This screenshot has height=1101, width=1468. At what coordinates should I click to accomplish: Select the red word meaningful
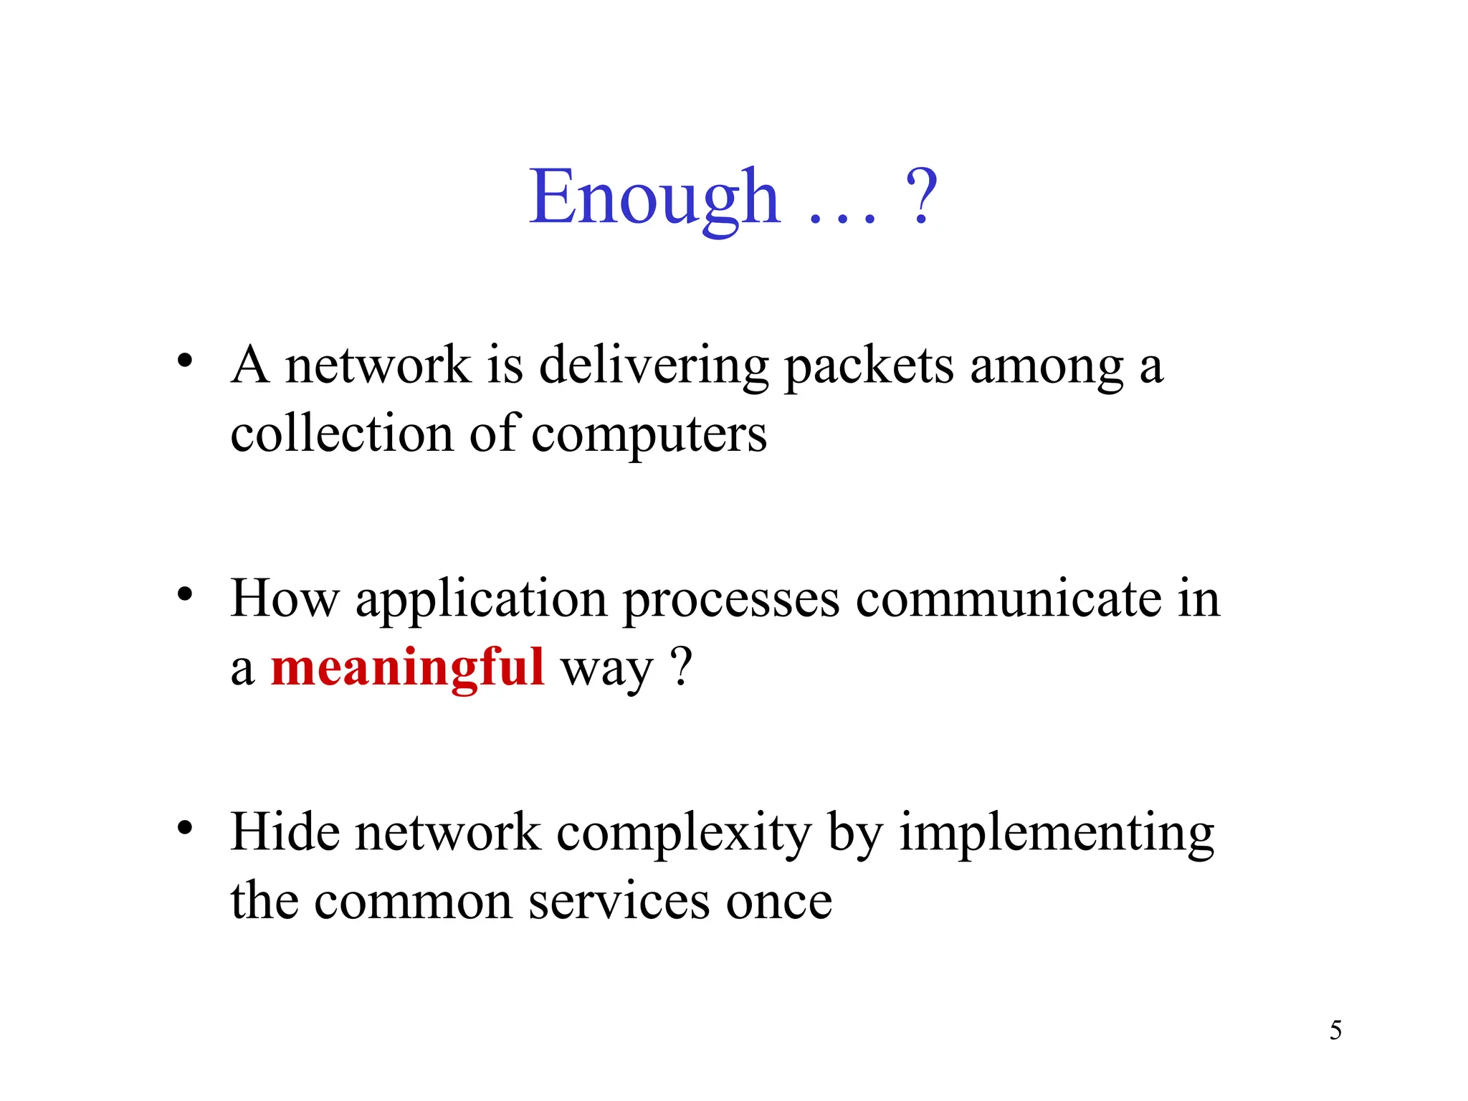(x=408, y=667)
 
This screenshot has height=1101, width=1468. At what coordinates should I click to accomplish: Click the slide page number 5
(x=1335, y=1031)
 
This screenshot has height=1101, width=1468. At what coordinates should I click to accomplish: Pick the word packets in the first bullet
(x=869, y=366)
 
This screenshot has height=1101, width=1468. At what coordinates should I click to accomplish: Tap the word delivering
(x=653, y=366)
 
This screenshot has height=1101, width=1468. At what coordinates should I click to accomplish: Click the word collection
(x=342, y=434)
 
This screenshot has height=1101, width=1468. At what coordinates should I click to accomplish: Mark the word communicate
(x=1008, y=599)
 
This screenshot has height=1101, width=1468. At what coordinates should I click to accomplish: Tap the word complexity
(x=684, y=834)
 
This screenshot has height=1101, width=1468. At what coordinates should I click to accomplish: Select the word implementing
(x=1057, y=834)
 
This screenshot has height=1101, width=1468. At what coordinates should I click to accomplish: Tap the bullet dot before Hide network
(x=186, y=828)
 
